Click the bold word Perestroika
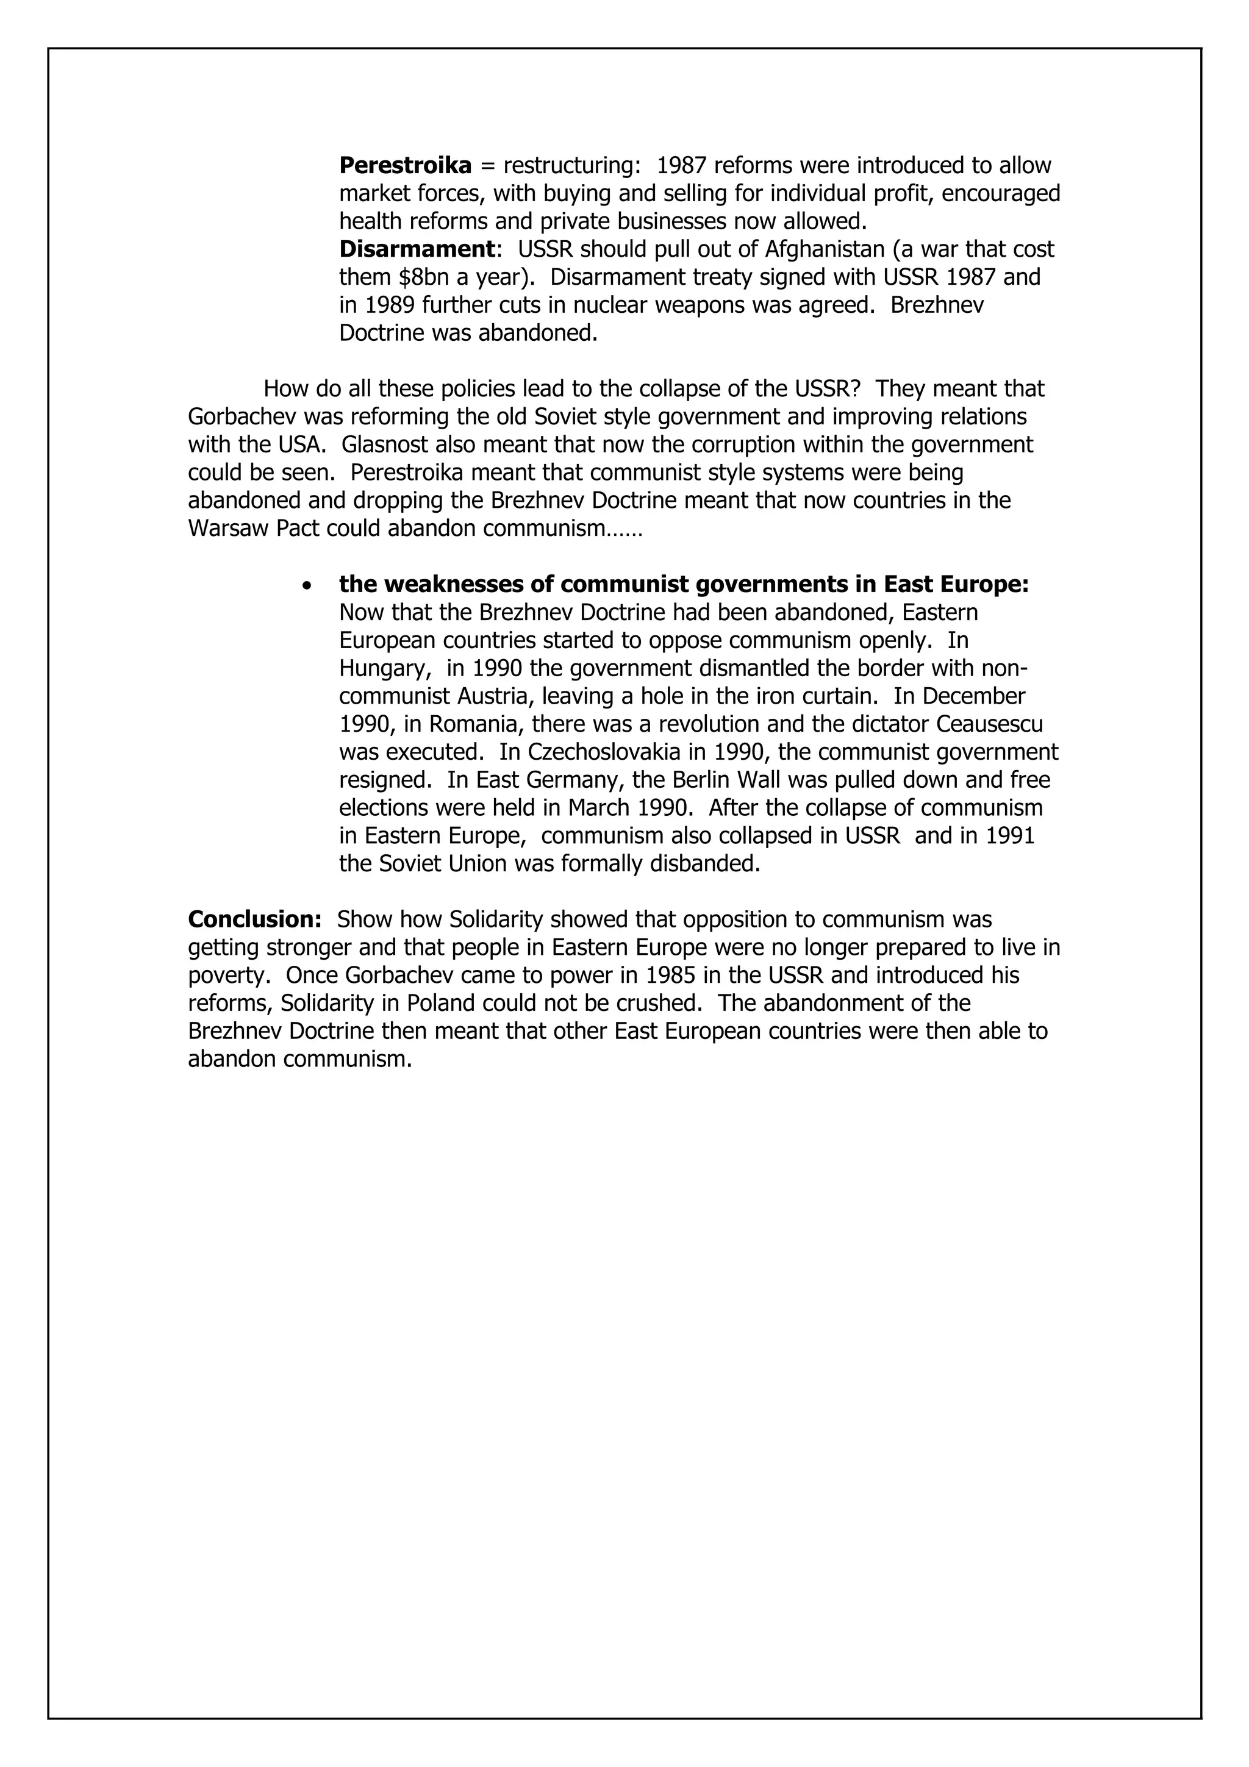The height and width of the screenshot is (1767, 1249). tap(405, 165)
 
